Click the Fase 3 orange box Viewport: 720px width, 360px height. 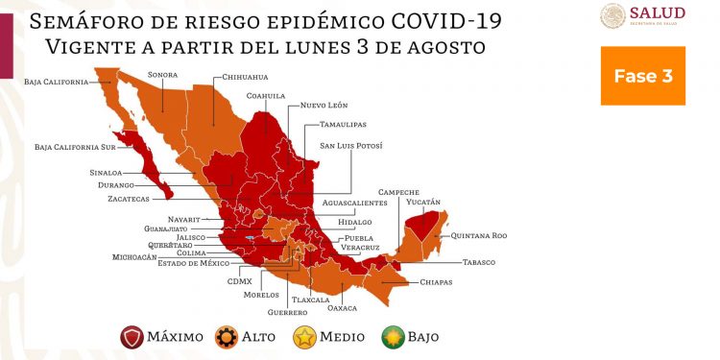pos(642,75)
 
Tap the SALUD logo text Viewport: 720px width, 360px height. pos(657,12)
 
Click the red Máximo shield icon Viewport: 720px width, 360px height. pos(132,336)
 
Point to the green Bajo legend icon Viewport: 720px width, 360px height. pos(392,336)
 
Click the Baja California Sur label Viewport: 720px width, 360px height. pos(74,147)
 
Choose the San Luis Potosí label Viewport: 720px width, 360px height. pos(350,145)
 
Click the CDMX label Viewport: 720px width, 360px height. pos(240,281)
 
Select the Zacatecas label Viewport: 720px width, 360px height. pos(129,199)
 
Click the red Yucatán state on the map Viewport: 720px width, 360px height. pos(419,227)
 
